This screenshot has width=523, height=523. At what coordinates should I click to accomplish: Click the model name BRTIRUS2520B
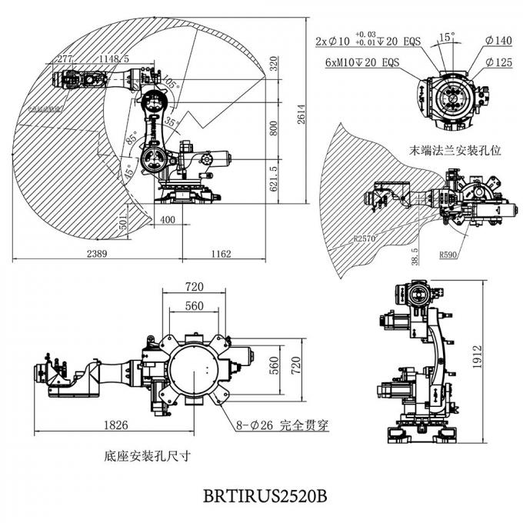[265, 495]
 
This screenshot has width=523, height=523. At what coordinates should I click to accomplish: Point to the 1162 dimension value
[220, 253]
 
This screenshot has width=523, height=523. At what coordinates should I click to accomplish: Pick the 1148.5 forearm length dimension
[113, 58]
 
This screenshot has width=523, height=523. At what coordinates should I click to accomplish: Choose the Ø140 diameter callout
[498, 40]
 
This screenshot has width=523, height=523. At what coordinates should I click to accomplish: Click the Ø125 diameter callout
[498, 62]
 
